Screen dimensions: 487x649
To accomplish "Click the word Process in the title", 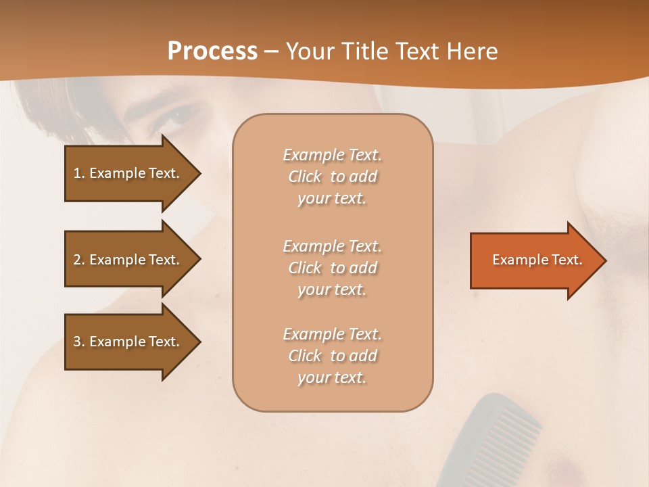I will click(x=212, y=51).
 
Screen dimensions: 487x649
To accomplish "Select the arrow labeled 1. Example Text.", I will click(x=128, y=173).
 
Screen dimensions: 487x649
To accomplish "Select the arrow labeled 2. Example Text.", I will click(x=128, y=260).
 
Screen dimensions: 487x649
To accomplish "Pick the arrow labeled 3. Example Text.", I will click(x=128, y=342).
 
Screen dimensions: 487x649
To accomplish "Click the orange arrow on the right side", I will click(x=534, y=260).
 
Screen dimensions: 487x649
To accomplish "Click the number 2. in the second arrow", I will click(x=78, y=260).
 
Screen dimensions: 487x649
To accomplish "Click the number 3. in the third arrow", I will click(x=78, y=342).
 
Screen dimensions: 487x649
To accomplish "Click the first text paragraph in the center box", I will click(x=332, y=177).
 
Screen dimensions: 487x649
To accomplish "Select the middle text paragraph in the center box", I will click(x=332, y=268).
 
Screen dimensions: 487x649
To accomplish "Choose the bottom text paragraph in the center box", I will click(x=332, y=356).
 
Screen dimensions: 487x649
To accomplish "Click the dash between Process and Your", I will click(x=272, y=51).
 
